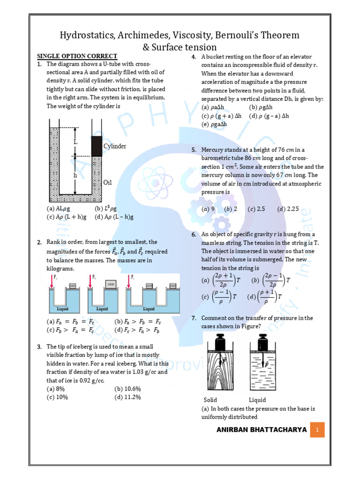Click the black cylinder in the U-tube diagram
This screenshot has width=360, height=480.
(97, 146)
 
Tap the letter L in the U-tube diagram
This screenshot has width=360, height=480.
(75, 141)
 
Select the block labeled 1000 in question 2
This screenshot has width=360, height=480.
(111, 285)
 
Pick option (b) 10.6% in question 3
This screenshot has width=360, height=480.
(127, 389)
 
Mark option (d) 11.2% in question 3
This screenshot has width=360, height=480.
(127, 397)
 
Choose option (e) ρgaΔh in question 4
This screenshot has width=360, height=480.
(214, 124)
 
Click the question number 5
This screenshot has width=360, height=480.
(194, 150)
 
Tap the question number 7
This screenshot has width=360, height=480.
(194, 318)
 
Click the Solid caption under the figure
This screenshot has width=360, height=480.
(210, 400)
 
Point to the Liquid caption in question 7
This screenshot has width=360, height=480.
(257, 400)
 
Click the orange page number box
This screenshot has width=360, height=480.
(317, 430)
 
